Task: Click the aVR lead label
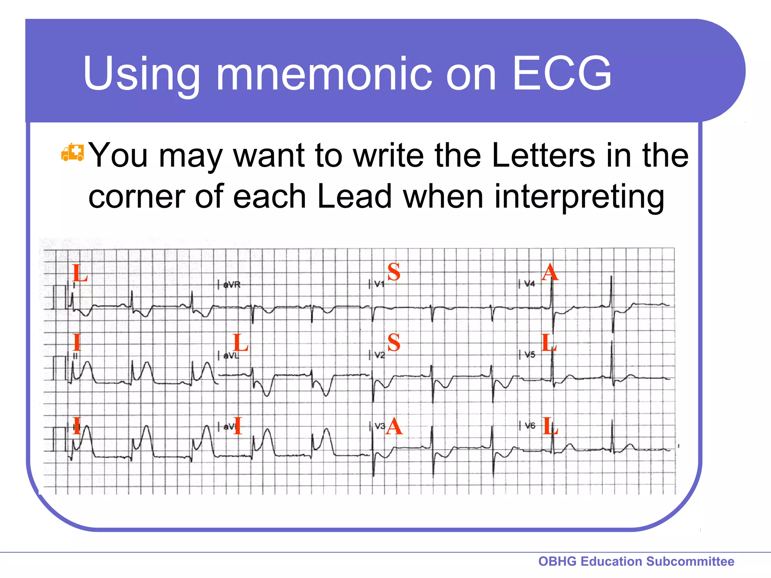point(231,285)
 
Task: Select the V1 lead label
point(379,284)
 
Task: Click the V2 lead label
point(379,355)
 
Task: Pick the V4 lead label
point(529,284)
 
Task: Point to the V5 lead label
point(529,354)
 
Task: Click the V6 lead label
point(530,426)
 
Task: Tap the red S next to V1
point(394,272)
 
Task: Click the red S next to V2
point(394,342)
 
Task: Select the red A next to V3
point(394,427)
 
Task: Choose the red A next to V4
point(550,272)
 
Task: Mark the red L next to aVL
point(241,343)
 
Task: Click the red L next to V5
point(549,343)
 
